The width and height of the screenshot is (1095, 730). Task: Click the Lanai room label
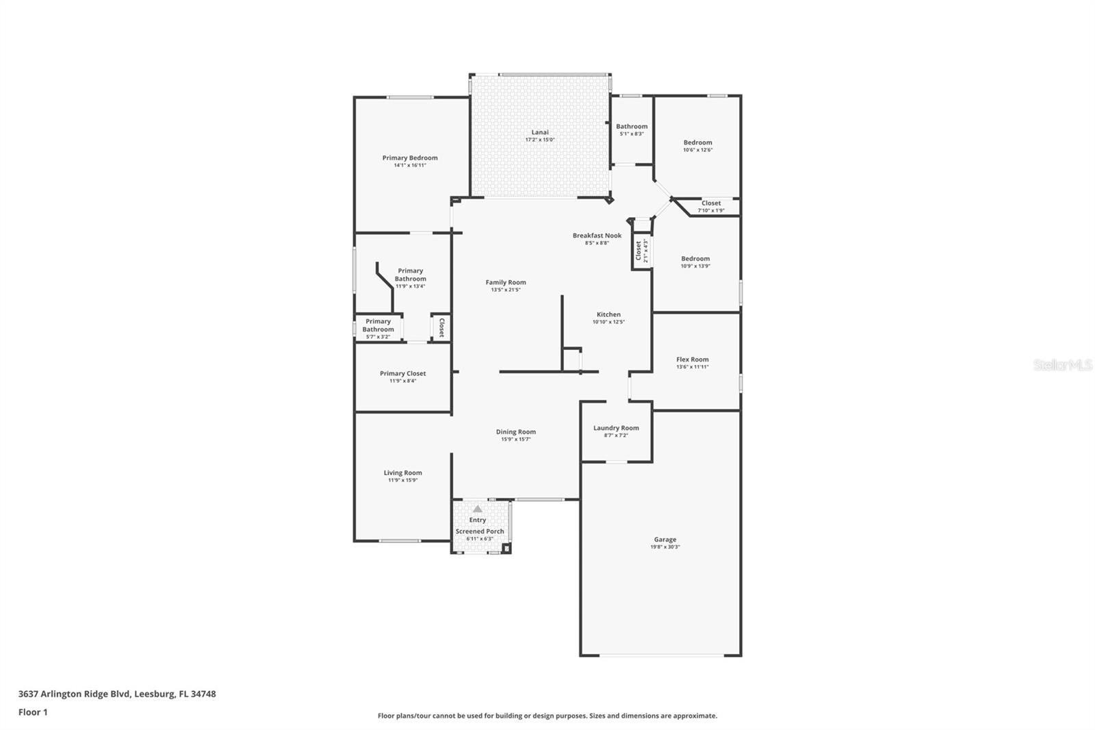[540, 132]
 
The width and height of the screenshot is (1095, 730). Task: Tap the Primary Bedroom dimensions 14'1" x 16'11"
[410, 165]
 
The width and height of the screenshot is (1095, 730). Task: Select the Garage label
[665, 540]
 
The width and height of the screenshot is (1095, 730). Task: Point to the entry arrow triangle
[478, 509]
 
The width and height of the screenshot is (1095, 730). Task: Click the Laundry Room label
[616, 428]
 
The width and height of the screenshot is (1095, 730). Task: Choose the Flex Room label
[692, 360]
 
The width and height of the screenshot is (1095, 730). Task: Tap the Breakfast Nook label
[597, 236]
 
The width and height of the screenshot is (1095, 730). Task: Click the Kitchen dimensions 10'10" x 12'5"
[608, 322]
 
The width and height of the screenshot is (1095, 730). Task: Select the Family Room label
[506, 282]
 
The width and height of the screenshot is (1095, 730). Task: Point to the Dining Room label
[516, 432]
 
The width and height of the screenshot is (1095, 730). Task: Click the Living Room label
[402, 473]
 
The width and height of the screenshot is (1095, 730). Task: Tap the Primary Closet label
[402, 373]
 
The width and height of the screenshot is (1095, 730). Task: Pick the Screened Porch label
[480, 531]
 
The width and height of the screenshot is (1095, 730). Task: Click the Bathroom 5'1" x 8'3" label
[632, 127]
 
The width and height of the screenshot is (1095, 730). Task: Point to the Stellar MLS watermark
[1062, 366]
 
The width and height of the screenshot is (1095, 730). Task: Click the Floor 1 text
[33, 712]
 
